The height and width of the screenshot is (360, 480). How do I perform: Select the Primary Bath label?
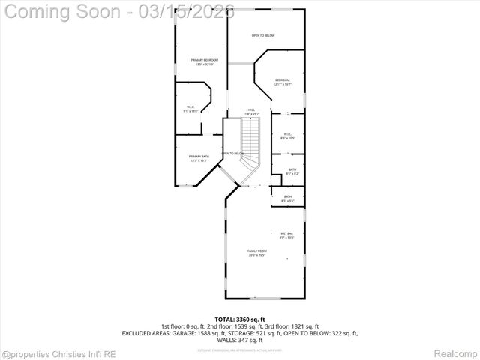coord(199,157)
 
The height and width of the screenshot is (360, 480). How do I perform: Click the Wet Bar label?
coord(286,235)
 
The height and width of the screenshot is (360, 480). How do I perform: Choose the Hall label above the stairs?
coord(251,111)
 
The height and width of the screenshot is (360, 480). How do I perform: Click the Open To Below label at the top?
coord(262,35)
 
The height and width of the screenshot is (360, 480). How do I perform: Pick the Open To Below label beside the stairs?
coord(233,154)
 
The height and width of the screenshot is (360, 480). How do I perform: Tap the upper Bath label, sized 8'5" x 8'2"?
coord(292,171)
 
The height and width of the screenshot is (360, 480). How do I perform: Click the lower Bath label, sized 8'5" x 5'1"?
coord(288,199)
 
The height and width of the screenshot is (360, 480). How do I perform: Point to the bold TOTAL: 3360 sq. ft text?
coord(239,319)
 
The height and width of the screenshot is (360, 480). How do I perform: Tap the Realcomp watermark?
coord(455,352)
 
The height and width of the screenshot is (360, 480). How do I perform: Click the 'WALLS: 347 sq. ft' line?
coord(239,340)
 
